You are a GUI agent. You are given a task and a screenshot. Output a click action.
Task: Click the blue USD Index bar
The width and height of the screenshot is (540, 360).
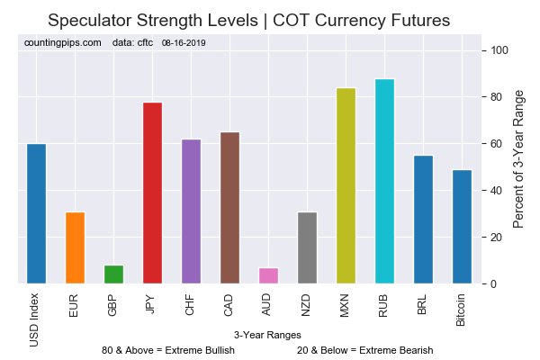point(36,214)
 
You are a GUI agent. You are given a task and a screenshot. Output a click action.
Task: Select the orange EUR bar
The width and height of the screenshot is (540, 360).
point(75,248)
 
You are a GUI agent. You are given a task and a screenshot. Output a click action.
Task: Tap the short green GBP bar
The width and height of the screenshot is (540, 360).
point(113,274)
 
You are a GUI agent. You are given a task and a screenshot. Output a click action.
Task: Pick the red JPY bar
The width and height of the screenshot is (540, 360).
point(152,193)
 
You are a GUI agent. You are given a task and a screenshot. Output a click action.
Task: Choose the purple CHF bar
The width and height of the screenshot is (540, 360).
point(191,212)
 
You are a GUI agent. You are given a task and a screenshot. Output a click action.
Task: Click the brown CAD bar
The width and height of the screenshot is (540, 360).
point(229,209)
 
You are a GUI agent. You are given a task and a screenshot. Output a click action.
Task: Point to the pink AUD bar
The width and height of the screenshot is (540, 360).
point(268,275)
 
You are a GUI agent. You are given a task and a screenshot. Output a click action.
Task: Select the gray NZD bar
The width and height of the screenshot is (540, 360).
point(307,248)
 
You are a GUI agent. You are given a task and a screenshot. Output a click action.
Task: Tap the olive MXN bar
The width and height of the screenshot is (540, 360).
point(346,186)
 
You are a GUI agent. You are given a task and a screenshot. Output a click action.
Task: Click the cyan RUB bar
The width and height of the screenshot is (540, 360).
point(384,182)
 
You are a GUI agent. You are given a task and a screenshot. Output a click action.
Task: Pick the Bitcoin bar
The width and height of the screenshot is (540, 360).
point(462,227)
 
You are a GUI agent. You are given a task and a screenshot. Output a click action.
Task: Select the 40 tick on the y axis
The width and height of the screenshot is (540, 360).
point(495,191)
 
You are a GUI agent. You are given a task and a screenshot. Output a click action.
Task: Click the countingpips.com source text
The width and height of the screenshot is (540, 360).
point(64,42)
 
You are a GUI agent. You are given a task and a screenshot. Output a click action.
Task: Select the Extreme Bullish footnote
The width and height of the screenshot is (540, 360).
point(168,350)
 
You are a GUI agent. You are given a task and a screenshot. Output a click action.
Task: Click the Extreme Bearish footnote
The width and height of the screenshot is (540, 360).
point(364,350)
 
